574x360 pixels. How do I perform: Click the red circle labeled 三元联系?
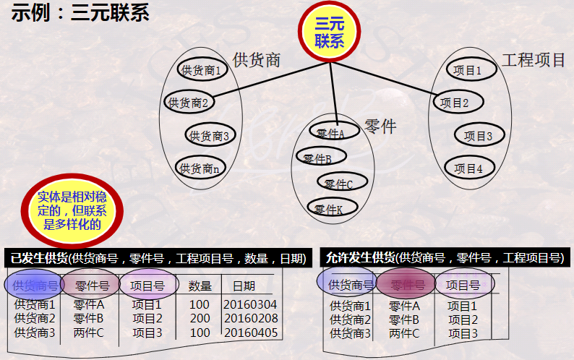point(329,33)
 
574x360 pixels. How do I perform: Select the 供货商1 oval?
point(202,70)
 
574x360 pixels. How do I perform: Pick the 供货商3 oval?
point(210,135)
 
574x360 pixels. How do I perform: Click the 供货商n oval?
point(200,168)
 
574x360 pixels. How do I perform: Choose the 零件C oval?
point(342,183)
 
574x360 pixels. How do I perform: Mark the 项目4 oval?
point(468,168)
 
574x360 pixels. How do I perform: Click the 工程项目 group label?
point(534,60)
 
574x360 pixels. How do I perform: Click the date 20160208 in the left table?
point(250,319)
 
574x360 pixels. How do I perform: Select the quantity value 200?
point(200,319)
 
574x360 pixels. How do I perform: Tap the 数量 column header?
point(200,286)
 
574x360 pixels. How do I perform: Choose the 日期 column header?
point(243,286)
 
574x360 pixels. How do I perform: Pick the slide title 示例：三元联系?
point(80,14)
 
